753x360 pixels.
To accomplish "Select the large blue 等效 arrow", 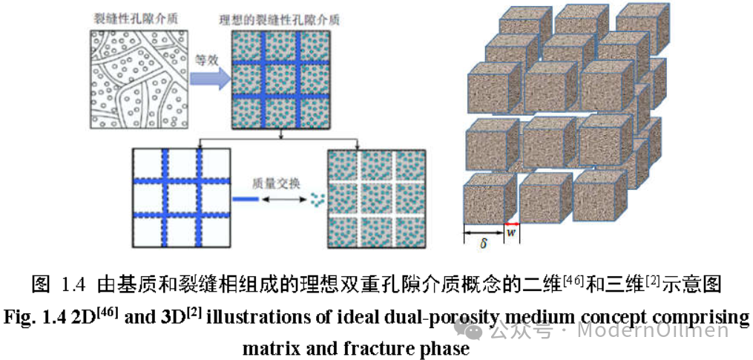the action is coord(210,79).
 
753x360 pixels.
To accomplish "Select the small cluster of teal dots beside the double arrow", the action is coord(316,198).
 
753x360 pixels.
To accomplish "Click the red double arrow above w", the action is coord(512,224).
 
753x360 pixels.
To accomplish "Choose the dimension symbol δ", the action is coord(483,243).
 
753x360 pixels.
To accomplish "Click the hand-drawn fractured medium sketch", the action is coord(139,79).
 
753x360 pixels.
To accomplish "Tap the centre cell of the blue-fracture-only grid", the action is coord(182,198).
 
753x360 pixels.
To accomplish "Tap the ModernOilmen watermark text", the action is coord(653,330).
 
